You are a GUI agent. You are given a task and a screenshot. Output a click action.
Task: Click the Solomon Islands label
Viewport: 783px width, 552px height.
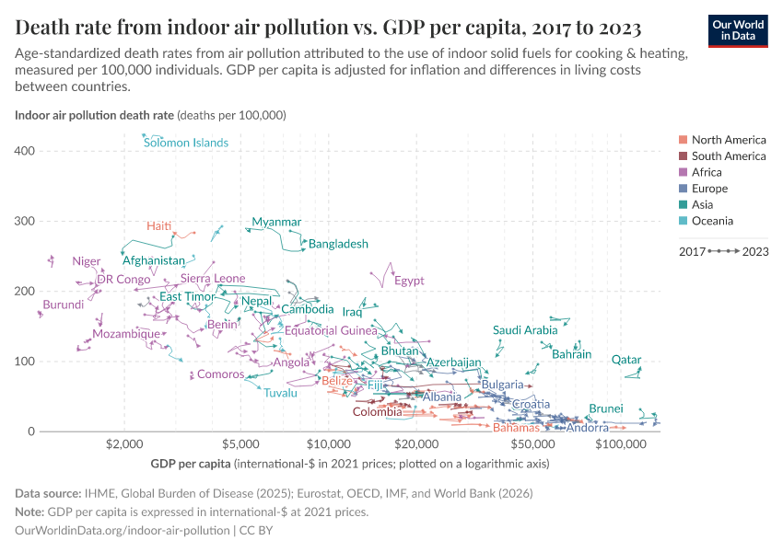[x=186, y=143]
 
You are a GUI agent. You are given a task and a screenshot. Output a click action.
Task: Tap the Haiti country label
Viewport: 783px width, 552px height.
[x=159, y=226]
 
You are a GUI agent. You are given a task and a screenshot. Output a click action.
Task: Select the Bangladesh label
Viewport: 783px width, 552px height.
[x=338, y=244]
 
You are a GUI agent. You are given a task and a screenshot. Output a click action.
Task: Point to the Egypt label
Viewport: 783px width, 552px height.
[x=409, y=281]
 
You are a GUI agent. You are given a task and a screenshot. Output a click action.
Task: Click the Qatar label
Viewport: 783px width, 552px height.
[x=626, y=360]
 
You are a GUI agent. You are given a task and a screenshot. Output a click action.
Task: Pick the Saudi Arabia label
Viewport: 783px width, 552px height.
[x=525, y=329]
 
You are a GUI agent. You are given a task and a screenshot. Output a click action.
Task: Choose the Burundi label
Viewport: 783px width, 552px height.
[x=64, y=304]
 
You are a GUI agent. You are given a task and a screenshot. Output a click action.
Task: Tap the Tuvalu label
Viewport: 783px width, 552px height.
[x=281, y=393]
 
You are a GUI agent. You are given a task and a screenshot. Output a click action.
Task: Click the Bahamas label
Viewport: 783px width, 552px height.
[x=516, y=428]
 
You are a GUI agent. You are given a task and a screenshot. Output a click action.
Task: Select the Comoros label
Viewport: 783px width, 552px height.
[x=221, y=374]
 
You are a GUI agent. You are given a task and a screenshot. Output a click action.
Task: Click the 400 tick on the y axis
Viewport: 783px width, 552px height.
[x=26, y=151]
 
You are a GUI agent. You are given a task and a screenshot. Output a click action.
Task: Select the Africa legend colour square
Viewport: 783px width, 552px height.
[x=683, y=172]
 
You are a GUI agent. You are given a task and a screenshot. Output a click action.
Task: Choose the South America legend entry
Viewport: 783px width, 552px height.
[x=728, y=156]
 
